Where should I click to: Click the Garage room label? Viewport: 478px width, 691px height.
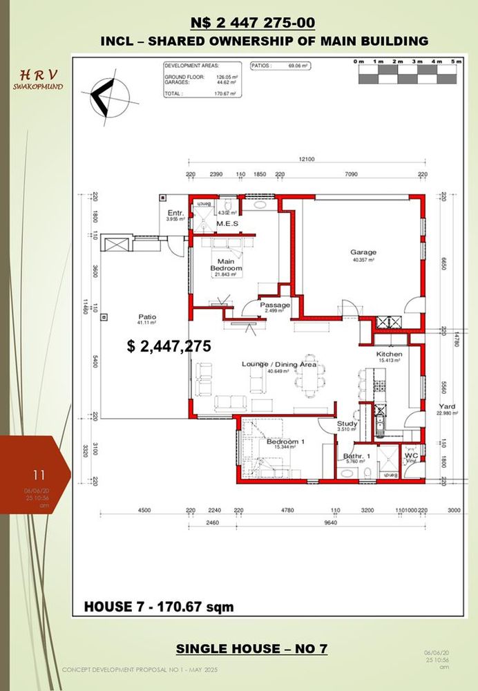[x=363, y=252]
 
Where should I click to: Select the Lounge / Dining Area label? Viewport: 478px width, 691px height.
[x=278, y=363]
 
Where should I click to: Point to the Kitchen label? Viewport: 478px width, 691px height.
[x=389, y=353]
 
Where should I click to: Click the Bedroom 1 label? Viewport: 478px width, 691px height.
[x=283, y=442]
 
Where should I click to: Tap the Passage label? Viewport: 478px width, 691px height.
[x=274, y=305]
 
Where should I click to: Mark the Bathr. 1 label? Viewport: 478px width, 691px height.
[x=357, y=456]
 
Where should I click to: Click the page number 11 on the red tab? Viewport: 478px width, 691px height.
[x=38, y=475]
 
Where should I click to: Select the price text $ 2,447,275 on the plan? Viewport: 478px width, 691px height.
[x=169, y=346]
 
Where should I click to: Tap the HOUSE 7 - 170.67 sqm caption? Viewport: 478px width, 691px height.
[x=159, y=607]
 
